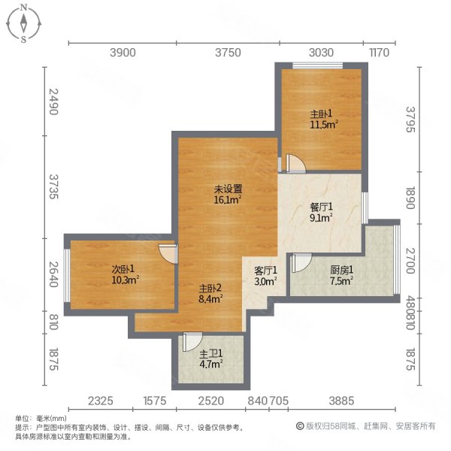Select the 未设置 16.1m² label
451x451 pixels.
click(x=227, y=195)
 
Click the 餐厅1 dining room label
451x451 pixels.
click(x=321, y=211)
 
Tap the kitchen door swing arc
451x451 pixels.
click(x=299, y=263)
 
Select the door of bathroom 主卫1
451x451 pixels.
click(x=192, y=341)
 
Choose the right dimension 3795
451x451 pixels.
click(x=410, y=120)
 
